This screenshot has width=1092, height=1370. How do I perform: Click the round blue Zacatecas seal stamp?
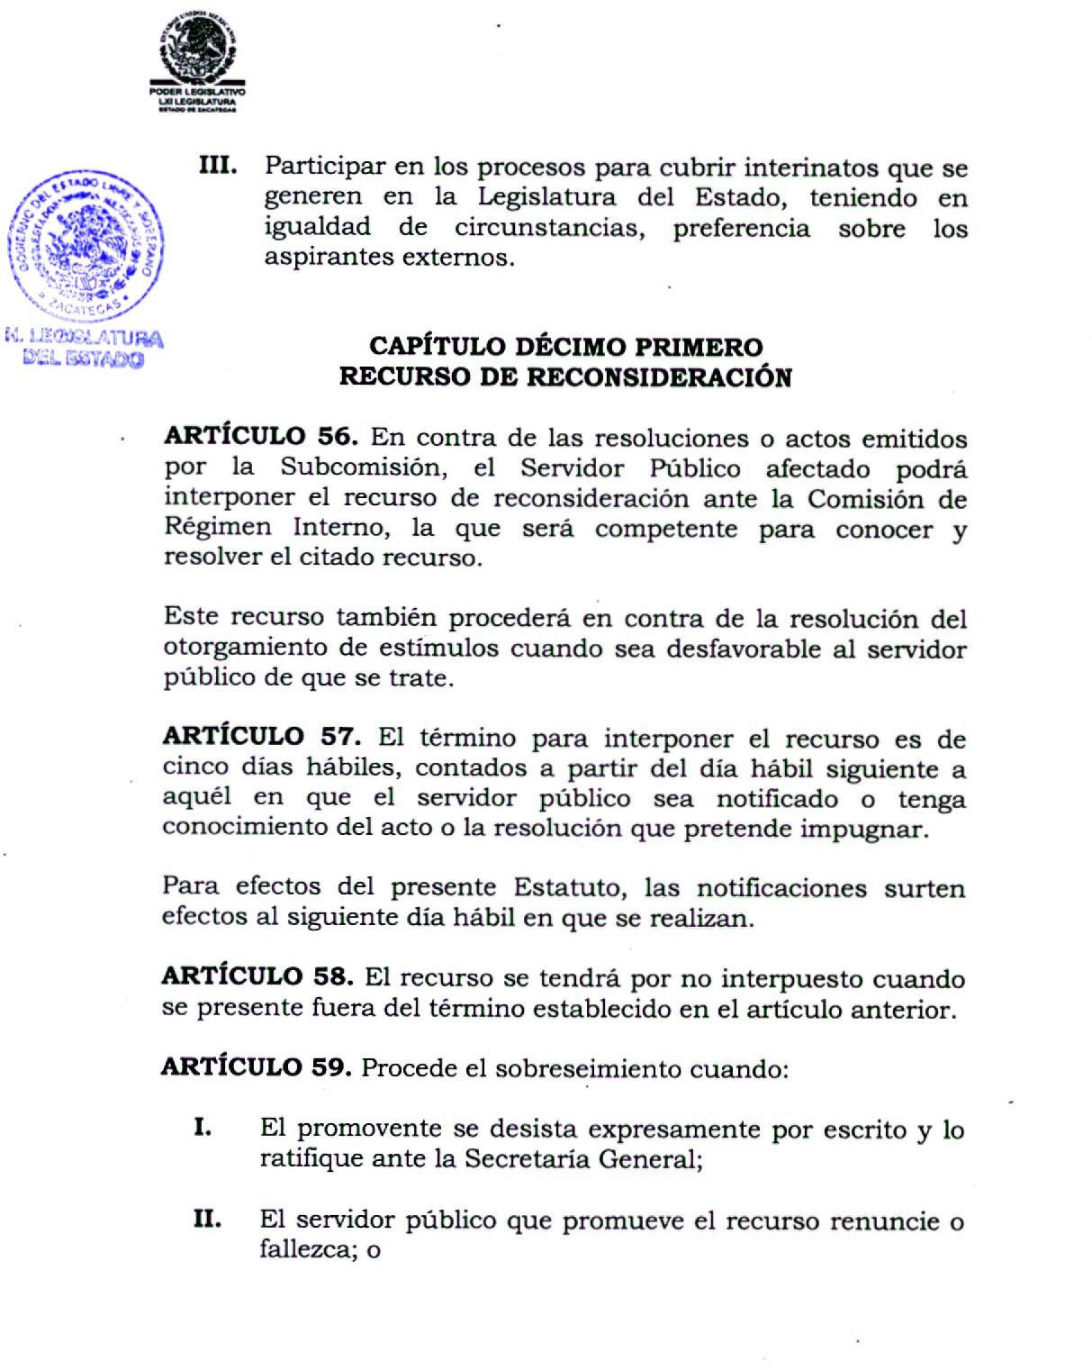click(86, 245)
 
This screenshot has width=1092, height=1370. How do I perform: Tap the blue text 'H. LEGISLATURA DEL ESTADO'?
click(84, 349)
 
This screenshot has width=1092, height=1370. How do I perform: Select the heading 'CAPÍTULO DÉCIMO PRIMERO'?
click(565, 347)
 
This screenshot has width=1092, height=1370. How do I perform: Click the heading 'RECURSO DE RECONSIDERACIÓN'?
click(565, 377)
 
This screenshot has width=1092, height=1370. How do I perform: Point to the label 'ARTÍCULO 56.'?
click(261, 437)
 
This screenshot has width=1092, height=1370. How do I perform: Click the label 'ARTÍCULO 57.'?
click(261, 737)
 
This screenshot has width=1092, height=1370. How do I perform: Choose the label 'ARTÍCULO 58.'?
click(257, 976)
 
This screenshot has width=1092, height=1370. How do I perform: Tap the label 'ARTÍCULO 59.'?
click(256, 1067)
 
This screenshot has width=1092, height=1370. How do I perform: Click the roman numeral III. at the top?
click(218, 166)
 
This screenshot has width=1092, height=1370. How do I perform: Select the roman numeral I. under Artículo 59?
click(203, 1127)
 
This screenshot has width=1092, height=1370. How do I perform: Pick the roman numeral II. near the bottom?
click(207, 1220)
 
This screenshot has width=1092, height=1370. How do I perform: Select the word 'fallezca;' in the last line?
click(309, 1250)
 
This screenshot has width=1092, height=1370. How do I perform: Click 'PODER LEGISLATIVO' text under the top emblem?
click(197, 92)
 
